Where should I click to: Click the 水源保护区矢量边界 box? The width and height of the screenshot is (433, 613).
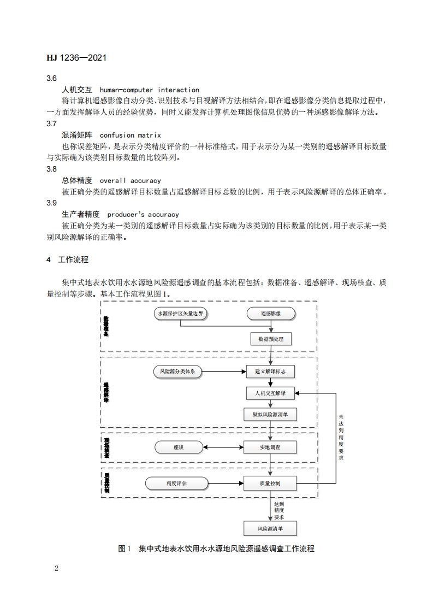(179, 314)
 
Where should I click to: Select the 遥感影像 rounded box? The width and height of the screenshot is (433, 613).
(271, 314)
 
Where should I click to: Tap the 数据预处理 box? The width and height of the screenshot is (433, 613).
(271, 339)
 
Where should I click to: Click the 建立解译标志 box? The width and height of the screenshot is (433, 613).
(271, 372)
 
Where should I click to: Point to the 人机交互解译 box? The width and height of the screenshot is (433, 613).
(271, 393)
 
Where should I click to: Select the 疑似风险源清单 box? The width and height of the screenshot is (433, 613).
(271, 415)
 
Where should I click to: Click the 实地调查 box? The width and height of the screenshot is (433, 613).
(271, 447)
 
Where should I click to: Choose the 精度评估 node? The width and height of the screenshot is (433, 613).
(177, 484)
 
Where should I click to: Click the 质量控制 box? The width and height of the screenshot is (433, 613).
(271, 484)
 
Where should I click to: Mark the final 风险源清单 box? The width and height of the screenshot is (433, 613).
(271, 529)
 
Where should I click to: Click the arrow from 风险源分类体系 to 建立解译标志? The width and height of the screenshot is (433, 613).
(224, 372)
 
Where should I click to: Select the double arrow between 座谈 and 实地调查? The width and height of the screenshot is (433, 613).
(223, 447)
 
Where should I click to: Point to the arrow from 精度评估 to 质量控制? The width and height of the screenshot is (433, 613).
(226, 484)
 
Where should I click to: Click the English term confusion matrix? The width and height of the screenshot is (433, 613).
(131, 134)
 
